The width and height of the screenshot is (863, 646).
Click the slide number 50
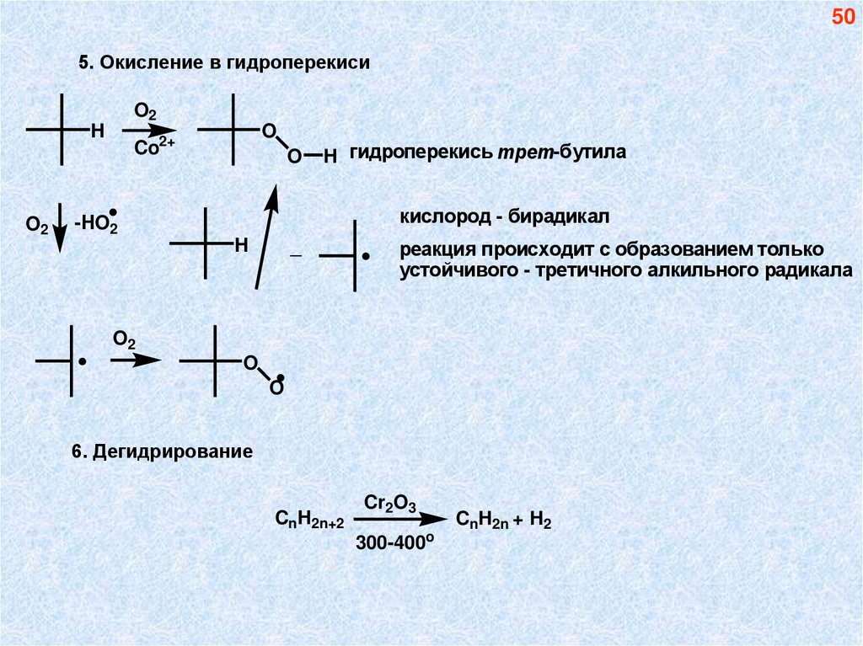click(x=843, y=18)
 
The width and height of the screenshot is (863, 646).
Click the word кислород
click(x=442, y=217)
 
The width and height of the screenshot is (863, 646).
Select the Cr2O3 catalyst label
click(x=390, y=503)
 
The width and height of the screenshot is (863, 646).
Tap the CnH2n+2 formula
click(x=310, y=520)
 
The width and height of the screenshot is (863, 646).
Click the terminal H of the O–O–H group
click(x=330, y=156)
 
